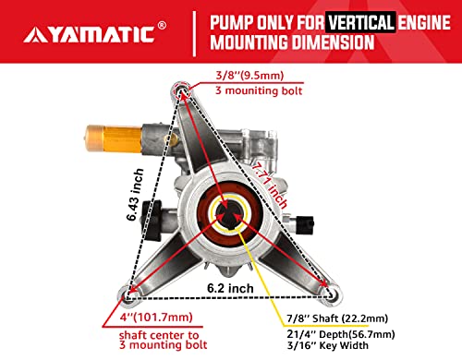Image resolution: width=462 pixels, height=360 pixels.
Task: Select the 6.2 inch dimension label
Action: click(x=227, y=288)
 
